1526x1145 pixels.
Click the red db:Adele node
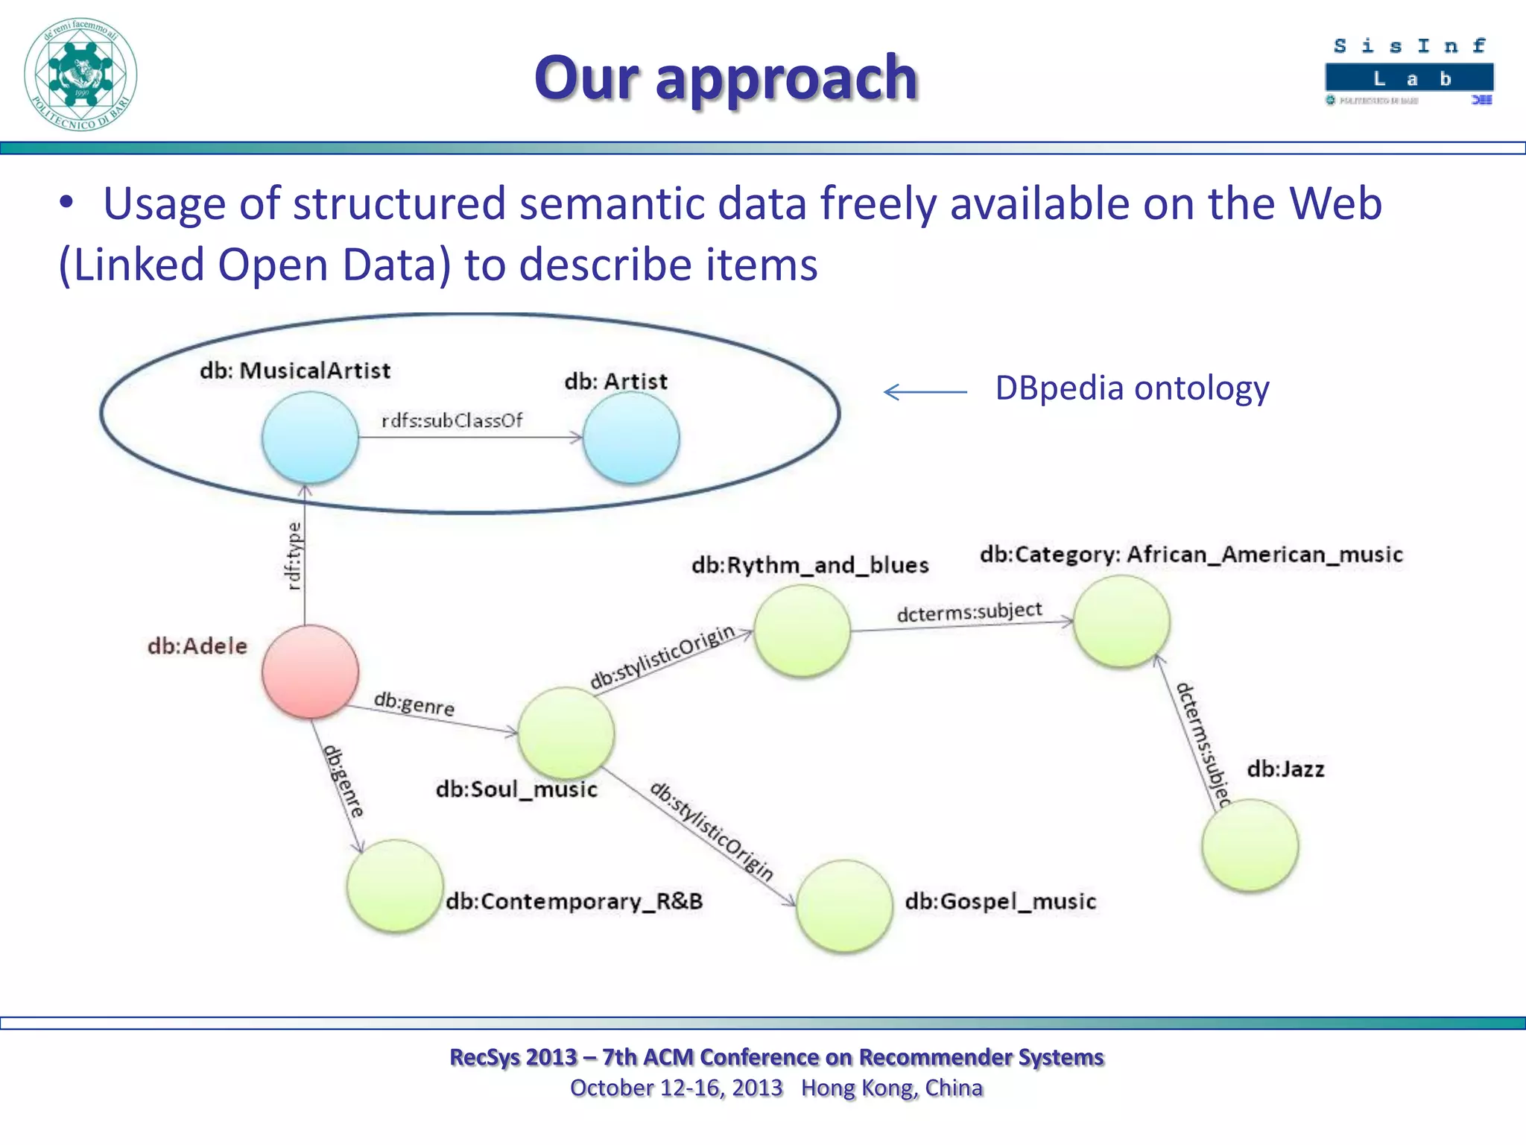click(310, 672)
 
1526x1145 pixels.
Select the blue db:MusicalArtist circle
click(310, 438)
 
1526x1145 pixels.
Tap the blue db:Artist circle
click(630, 438)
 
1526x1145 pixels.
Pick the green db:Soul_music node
click(566, 734)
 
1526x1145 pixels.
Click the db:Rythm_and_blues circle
click(802, 631)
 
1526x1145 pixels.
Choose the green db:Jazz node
click(1250, 845)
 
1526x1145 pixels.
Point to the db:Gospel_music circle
click(843, 906)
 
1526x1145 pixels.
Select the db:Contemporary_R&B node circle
click(395, 886)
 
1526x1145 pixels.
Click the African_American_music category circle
click(1121, 622)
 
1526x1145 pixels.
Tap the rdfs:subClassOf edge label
click(452, 421)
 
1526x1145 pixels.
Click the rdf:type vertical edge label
click(295, 556)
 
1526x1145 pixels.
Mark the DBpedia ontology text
click(1132, 388)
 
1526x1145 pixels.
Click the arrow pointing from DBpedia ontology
click(925, 391)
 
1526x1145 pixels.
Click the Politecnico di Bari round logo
click(80, 75)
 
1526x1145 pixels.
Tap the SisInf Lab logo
click(1409, 72)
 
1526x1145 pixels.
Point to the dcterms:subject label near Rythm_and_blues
click(969, 612)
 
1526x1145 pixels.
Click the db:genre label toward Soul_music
click(414, 704)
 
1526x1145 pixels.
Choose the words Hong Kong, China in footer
click(892, 1088)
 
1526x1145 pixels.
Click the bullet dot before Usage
click(67, 204)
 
